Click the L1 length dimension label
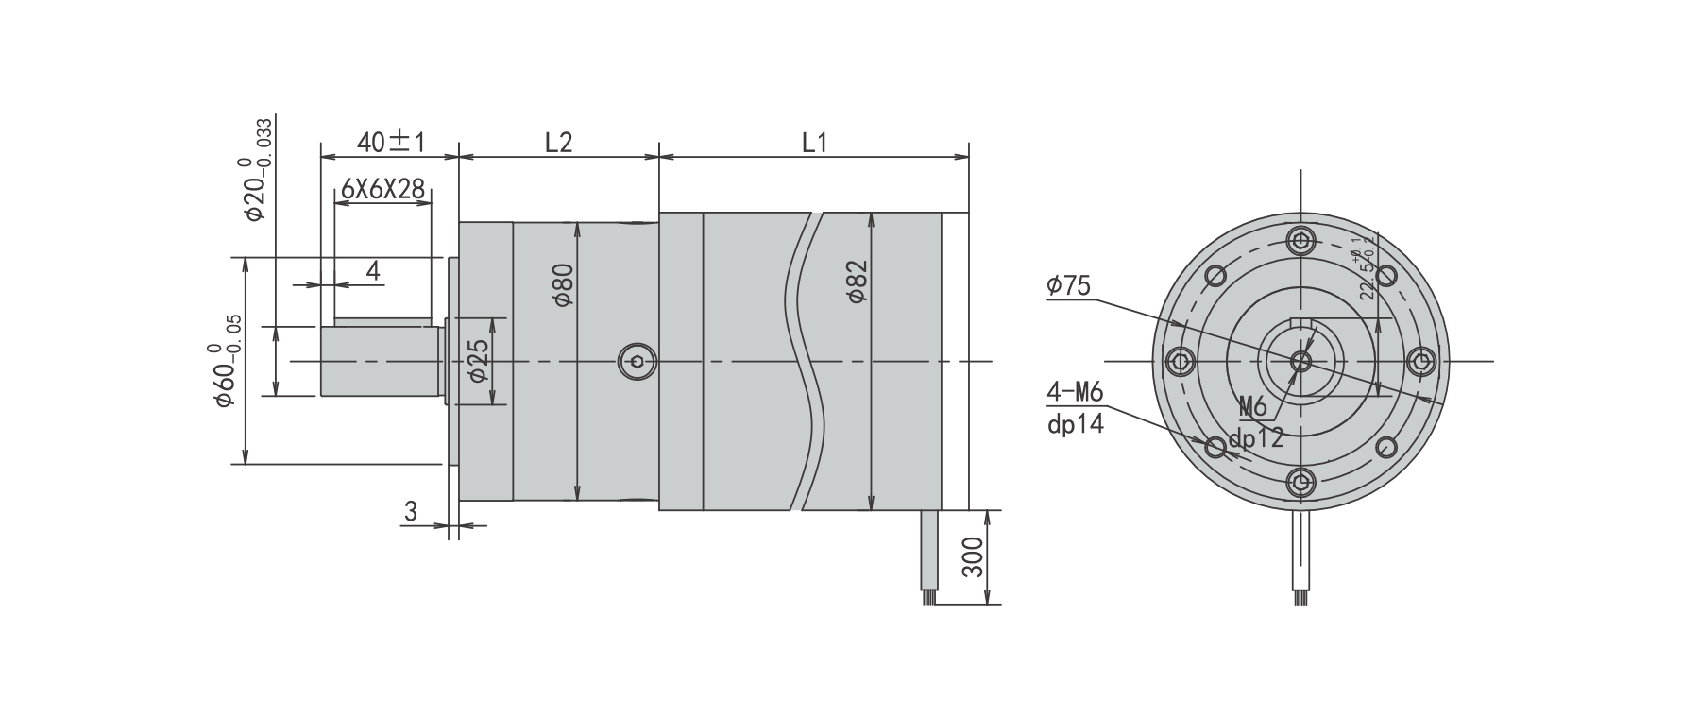(x=814, y=143)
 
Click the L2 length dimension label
(x=558, y=143)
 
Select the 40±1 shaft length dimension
(x=391, y=143)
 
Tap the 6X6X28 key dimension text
(x=382, y=189)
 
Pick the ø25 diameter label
(x=479, y=361)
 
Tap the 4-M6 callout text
(x=1075, y=392)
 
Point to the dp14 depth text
(x=1075, y=424)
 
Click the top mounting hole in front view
(x=1302, y=240)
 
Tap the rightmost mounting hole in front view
(x=1421, y=361)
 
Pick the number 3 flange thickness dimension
(x=410, y=512)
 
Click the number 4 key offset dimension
(x=373, y=272)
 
